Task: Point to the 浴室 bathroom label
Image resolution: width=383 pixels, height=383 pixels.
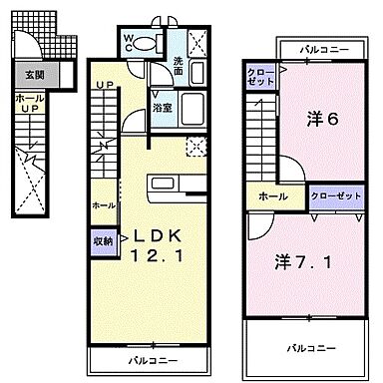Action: point(161,107)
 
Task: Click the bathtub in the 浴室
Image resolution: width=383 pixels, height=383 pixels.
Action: point(191,109)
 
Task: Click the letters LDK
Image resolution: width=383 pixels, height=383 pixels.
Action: point(153,236)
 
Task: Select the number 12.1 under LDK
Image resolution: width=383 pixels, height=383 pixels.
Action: point(154,256)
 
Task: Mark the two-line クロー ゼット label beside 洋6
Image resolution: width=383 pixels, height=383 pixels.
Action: point(257,78)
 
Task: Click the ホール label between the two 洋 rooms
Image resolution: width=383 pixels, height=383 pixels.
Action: point(267,196)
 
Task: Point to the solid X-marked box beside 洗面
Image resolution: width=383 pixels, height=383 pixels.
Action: point(197,43)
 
